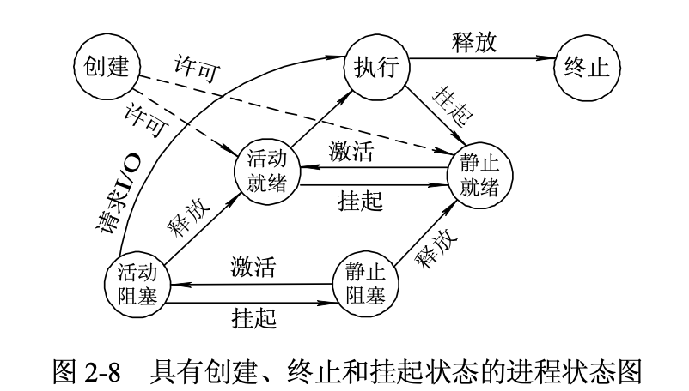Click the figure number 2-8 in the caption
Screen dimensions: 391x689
pyautogui.click(x=103, y=370)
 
